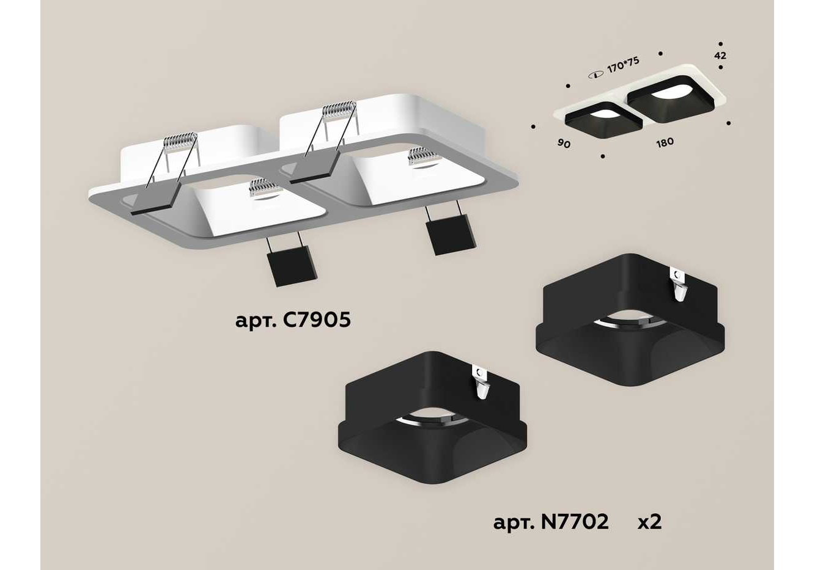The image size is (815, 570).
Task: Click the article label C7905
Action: click(293, 321)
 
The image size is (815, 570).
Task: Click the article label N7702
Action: click(551, 522)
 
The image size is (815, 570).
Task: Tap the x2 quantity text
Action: click(650, 522)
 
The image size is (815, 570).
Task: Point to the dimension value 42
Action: click(720, 55)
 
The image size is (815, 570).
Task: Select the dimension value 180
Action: click(665, 142)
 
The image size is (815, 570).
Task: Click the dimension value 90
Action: click(564, 144)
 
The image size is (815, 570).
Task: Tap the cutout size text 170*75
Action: click(623, 65)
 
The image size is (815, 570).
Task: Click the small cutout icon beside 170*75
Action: click(596, 76)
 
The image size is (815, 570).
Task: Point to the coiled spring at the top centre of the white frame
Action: click(339, 108)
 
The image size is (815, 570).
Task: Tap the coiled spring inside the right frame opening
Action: click(422, 156)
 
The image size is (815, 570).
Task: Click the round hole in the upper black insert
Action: click(631, 321)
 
